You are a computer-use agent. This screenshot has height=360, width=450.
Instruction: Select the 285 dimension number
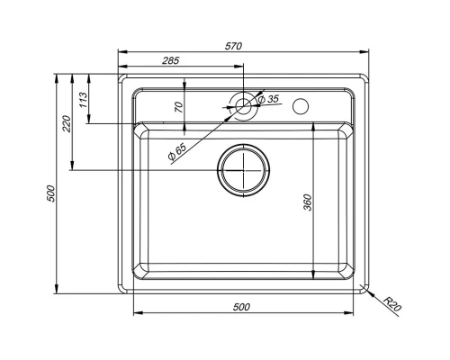point(170,60)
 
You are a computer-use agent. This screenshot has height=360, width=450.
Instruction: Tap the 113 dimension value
point(83,99)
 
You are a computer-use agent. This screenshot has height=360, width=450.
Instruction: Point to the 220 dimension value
point(66,123)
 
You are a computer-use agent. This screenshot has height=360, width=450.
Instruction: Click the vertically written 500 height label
point(51,193)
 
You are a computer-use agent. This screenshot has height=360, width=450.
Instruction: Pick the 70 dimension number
point(178,106)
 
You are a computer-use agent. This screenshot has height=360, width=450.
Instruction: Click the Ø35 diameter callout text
point(269,99)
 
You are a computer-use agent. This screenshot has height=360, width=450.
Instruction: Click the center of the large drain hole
point(243,169)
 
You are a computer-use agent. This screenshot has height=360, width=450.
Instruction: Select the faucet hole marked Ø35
point(243,104)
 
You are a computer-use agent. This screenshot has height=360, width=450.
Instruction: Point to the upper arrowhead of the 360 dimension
point(312,128)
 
